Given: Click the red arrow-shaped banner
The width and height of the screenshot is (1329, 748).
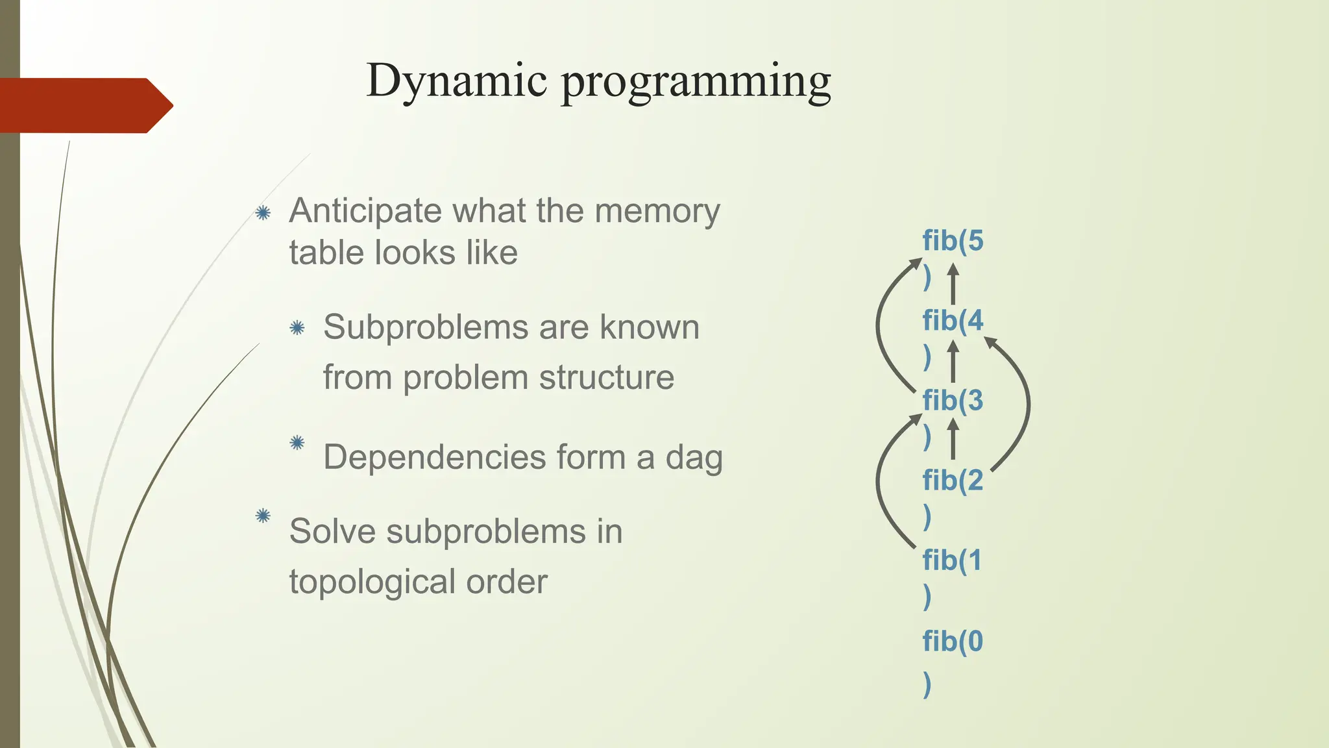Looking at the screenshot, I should [84, 105].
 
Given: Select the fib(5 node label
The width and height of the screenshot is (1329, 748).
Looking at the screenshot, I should [953, 242].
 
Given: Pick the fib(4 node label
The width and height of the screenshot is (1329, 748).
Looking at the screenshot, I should [953, 321].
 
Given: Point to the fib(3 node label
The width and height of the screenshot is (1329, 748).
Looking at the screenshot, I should [953, 401].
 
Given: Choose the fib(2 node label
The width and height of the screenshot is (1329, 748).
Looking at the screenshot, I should [953, 481].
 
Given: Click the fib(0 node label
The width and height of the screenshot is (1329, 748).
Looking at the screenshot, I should [953, 642].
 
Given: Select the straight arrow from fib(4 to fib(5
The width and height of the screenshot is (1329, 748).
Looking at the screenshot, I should [953, 284].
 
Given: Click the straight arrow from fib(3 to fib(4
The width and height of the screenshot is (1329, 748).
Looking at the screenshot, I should [953, 362].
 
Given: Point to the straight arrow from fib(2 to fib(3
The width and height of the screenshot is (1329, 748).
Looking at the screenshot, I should [953, 440].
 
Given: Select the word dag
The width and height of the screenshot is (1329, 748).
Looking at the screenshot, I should [694, 457].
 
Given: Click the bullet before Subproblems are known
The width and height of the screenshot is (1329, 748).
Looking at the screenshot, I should [297, 328].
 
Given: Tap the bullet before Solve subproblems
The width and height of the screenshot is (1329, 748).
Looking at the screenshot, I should [263, 516].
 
